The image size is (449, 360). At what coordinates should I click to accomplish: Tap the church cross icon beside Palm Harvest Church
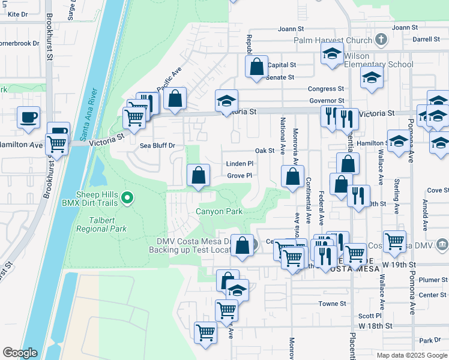pyautogui.click(x=380, y=40)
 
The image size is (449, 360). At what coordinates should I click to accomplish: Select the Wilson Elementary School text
pyautogui.click(x=378, y=60)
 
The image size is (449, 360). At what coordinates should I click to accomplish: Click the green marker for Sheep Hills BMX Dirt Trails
pyautogui.click(x=127, y=197)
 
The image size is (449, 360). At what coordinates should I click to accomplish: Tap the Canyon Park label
pyautogui.click(x=219, y=211)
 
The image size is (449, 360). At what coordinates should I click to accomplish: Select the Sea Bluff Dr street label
pyautogui.click(x=157, y=145)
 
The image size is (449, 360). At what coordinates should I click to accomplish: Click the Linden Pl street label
pyautogui.click(x=240, y=163)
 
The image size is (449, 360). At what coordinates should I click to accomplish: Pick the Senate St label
pyautogui.click(x=280, y=77)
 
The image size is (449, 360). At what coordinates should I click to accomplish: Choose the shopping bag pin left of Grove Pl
pyautogui.click(x=198, y=176)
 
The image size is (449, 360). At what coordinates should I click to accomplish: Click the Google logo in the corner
pyautogui.click(x=20, y=353)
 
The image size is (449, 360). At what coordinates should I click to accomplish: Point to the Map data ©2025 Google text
pyautogui.click(x=411, y=355)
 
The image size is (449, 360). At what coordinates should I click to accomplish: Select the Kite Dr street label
pyautogui.click(x=18, y=14)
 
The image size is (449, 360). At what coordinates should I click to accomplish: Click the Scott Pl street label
pyautogui.click(x=370, y=316)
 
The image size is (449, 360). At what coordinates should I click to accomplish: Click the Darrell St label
pyautogui.click(x=426, y=39)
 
